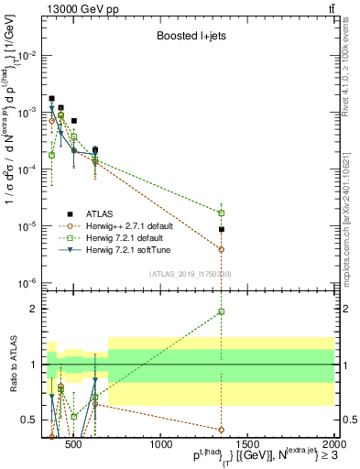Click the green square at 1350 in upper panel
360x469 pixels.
[221, 213]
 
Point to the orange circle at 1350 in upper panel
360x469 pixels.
[221, 249]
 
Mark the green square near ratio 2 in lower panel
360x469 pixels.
[221, 311]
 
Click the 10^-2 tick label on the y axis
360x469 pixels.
[27, 56]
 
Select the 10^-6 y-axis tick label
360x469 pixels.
[27, 283]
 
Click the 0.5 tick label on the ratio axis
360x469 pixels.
[29, 420]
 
